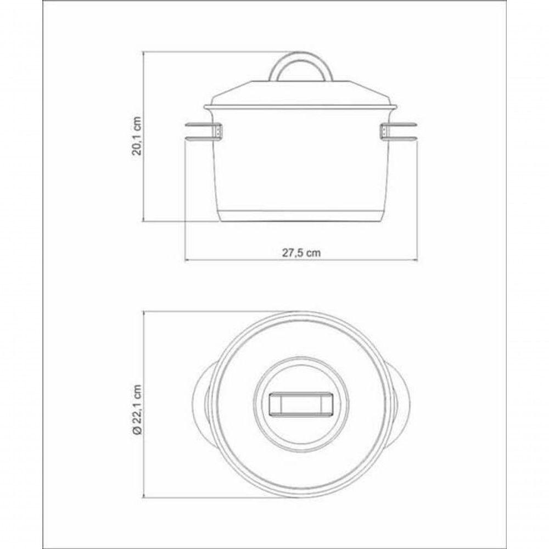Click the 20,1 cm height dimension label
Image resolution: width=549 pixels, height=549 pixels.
point(137,136)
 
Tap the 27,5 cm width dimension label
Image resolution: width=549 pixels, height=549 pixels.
point(301,253)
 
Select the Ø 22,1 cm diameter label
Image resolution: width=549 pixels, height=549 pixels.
point(137,410)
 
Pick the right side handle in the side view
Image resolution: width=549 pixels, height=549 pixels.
point(399,132)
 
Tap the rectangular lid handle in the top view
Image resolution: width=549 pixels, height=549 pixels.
point(300,405)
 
